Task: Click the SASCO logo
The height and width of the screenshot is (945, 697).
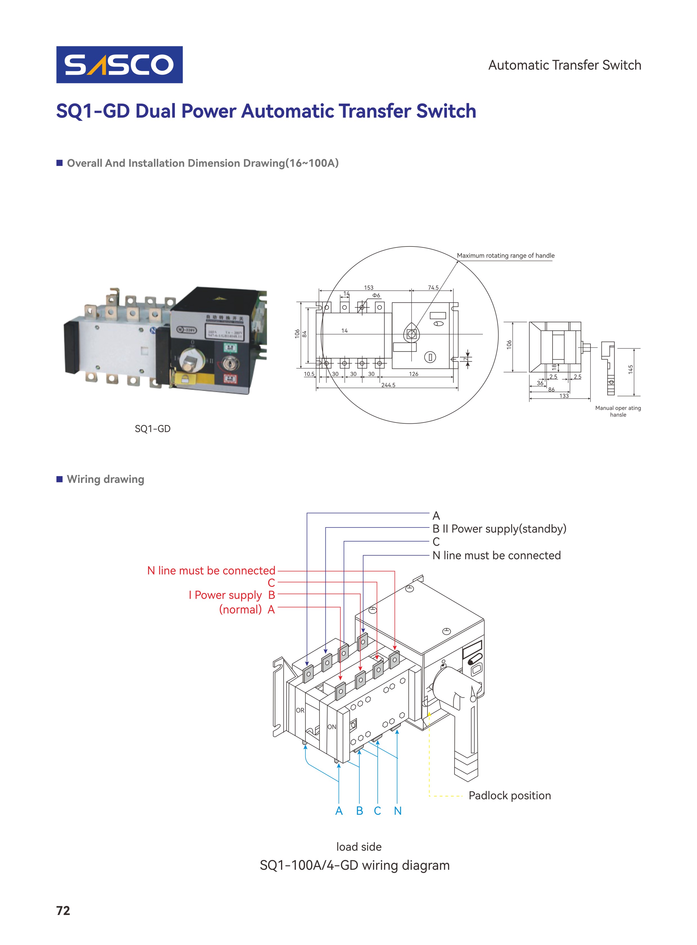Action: pyautogui.click(x=119, y=65)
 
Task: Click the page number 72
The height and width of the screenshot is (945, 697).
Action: pyautogui.click(x=63, y=910)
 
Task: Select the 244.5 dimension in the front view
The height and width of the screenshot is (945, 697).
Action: pyautogui.click(x=388, y=385)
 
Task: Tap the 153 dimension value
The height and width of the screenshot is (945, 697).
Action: pyautogui.click(x=368, y=287)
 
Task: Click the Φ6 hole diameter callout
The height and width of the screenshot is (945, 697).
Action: pyautogui.click(x=376, y=295)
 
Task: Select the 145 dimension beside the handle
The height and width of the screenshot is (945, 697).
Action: pyautogui.click(x=630, y=369)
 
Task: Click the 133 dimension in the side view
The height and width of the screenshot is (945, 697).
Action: pyautogui.click(x=564, y=396)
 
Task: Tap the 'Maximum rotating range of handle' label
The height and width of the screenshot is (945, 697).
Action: pyautogui.click(x=505, y=255)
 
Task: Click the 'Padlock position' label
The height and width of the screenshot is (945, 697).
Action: pyautogui.click(x=509, y=795)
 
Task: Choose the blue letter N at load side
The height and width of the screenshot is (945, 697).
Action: pyautogui.click(x=397, y=811)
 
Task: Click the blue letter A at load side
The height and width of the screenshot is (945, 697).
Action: pyautogui.click(x=339, y=811)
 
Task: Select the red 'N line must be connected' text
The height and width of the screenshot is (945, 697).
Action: pyautogui.click(x=211, y=570)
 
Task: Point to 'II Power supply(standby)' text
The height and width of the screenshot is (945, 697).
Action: pyautogui.click(x=504, y=529)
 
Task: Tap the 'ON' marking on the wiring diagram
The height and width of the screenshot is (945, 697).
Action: pyautogui.click(x=332, y=727)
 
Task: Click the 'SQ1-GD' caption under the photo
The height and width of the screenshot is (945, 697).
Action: pyautogui.click(x=152, y=429)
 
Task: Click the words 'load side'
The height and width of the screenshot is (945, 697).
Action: pyautogui.click(x=359, y=846)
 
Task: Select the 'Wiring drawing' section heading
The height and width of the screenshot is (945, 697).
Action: pyautogui.click(x=105, y=479)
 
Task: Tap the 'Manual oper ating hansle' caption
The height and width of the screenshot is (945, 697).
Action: pyautogui.click(x=618, y=411)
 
